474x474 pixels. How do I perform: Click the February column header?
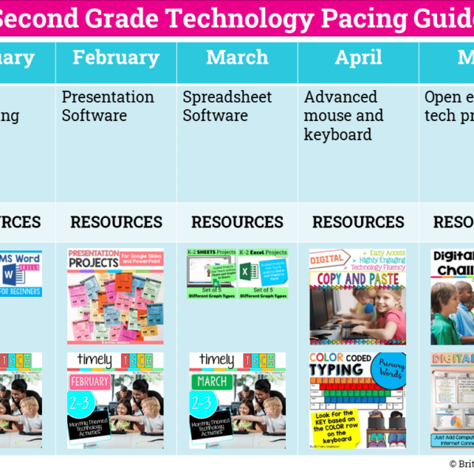tap(116, 58)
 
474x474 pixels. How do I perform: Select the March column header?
tap(237, 58)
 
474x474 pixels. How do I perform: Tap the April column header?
tap(358, 58)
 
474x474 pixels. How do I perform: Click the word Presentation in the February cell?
tap(108, 97)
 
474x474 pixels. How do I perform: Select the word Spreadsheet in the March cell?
tap(228, 97)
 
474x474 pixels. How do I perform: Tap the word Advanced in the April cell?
tap(340, 97)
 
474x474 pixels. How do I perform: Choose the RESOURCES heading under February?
tap(116, 223)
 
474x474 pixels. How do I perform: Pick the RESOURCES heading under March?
tap(237, 223)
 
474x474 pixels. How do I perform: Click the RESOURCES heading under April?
tap(358, 223)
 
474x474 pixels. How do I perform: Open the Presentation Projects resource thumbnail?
tap(115, 297)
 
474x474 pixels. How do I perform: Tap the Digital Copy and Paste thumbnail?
tap(358, 297)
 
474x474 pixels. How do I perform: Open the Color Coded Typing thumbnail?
tap(358, 400)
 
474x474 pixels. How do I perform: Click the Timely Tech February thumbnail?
tap(115, 400)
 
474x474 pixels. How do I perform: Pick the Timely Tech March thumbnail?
tap(237, 400)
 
